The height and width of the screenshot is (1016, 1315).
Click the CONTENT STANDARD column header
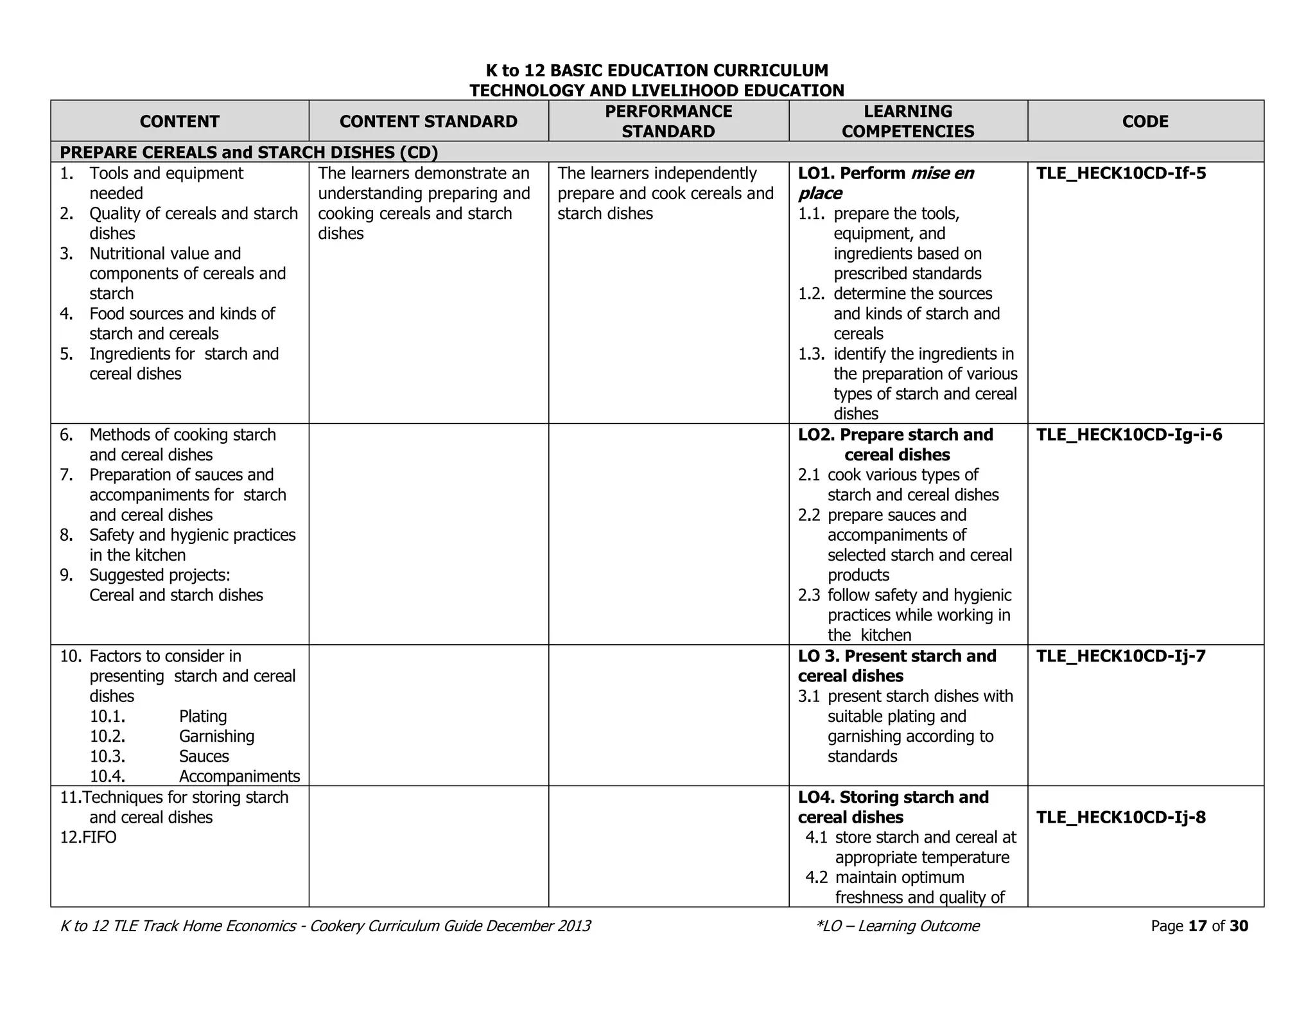(x=428, y=121)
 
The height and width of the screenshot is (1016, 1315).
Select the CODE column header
(x=1145, y=121)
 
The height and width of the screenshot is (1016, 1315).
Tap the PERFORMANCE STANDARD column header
(x=668, y=121)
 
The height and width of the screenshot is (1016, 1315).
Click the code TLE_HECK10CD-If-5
(x=1120, y=173)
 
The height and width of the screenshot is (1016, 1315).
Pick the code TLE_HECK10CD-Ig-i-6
(x=1129, y=435)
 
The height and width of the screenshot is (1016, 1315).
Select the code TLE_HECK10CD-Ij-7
(x=1120, y=656)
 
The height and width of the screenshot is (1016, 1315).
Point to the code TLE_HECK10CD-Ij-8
(x=1120, y=817)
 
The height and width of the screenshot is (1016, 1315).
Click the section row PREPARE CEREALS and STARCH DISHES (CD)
(x=249, y=152)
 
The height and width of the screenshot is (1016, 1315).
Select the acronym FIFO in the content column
(x=100, y=837)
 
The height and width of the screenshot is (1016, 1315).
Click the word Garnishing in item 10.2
(x=216, y=736)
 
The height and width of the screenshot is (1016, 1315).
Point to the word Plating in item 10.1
(x=203, y=716)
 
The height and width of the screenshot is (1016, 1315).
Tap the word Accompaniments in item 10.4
(x=239, y=776)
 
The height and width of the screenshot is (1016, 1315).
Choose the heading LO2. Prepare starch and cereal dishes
(x=896, y=444)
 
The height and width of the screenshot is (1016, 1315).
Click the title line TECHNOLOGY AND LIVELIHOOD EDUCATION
(x=657, y=91)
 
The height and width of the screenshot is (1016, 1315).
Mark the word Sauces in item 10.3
(x=204, y=756)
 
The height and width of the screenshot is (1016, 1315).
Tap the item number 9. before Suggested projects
(x=66, y=575)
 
